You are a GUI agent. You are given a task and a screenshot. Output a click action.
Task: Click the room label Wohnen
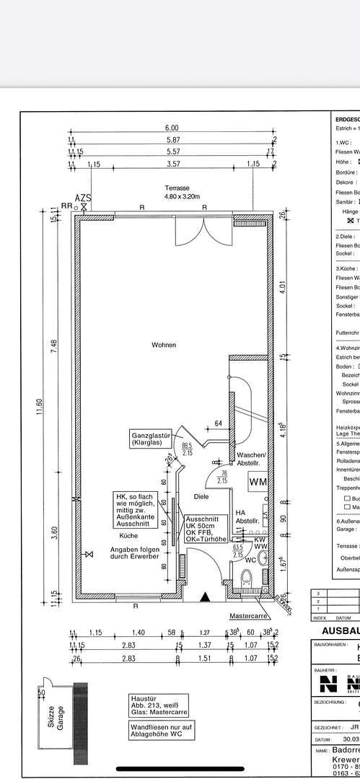click(x=164, y=345)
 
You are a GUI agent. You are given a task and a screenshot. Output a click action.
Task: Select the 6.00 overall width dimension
click(x=173, y=128)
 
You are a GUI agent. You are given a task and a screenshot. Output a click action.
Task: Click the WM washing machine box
click(x=258, y=481)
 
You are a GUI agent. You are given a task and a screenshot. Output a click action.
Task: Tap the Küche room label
click(x=129, y=536)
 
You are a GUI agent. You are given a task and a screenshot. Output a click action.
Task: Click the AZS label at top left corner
click(x=84, y=198)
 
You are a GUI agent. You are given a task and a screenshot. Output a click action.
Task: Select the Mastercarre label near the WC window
click(x=248, y=616)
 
